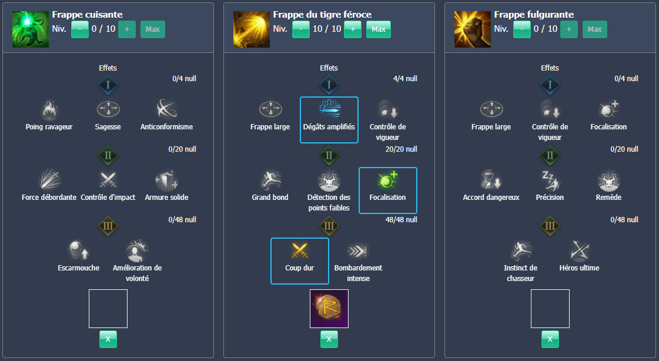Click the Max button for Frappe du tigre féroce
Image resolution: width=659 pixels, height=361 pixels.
tap(379, 29)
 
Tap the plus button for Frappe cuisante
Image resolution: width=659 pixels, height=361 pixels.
tap(127, 29)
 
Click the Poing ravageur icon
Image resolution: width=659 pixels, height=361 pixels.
tap(49, 110)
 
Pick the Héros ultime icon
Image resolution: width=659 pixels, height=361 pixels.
tap(579, 251)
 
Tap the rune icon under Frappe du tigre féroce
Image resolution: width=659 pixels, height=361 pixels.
tap(329, 309)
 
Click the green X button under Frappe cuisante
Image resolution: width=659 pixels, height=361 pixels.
tap(108, 339)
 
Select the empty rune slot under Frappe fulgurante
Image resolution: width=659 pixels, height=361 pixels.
tap(550, 309)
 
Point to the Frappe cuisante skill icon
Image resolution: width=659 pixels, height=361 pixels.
tap(30, 29)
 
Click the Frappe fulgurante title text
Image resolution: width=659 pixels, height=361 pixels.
tap(534, 15)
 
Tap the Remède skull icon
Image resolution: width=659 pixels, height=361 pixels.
tap(608, 180)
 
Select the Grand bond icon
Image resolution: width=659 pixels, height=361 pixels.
tap(270, 180)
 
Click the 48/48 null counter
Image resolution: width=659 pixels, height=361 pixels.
tap(401, 220)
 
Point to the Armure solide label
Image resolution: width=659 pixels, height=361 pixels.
tap(167, 198)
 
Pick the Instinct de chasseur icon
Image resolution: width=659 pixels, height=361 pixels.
tap(520, 251)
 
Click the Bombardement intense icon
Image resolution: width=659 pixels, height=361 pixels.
tap(358, 251)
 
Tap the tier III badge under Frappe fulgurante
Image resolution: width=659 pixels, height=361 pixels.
tap(550, 226)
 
